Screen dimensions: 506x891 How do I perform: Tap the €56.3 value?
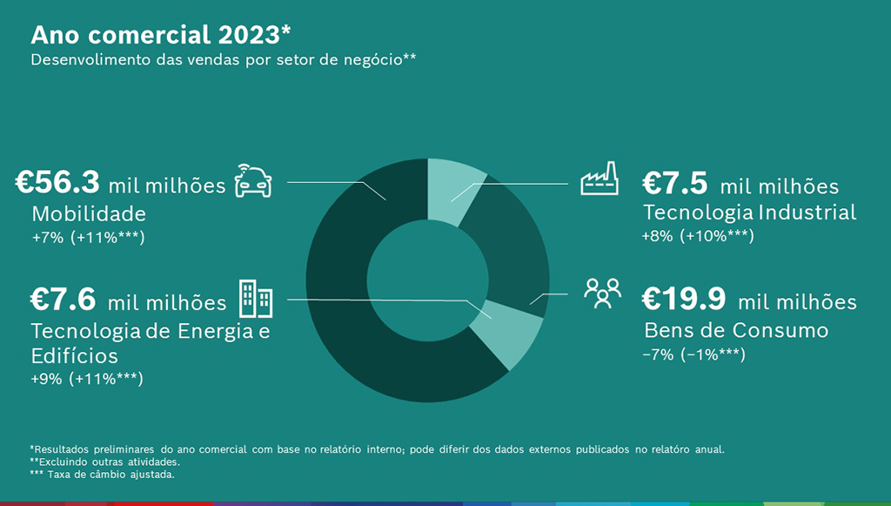58,183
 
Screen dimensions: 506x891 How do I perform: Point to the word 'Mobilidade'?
89,213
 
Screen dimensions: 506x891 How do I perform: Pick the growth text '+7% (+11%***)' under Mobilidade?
88,237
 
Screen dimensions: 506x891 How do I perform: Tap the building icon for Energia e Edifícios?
255,299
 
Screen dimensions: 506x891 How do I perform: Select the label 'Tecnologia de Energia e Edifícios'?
151,343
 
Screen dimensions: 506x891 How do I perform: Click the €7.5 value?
675,184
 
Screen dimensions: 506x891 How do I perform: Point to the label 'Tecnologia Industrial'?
749,213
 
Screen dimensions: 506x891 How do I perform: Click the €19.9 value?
684,300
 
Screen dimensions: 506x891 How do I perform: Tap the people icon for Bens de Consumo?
602,293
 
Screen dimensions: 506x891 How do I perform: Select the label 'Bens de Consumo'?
736,330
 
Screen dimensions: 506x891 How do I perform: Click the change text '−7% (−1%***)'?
694,354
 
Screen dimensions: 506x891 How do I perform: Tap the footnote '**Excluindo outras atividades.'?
104,462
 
